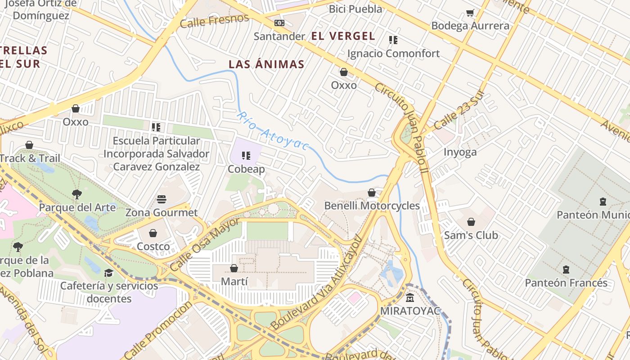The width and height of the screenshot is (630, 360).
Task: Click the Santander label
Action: point(279,36)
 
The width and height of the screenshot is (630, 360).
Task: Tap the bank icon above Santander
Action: point(279,23)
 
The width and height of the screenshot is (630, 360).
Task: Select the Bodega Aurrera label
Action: point(470,26)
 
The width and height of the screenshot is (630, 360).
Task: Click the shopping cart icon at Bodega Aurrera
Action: point(470,13)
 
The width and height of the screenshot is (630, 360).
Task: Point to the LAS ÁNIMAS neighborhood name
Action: point(266,64)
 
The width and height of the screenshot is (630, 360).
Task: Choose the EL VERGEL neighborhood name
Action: point(343,36)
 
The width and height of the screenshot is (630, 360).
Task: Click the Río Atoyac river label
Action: point(273,131)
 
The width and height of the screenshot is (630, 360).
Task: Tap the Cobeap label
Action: point(246,169)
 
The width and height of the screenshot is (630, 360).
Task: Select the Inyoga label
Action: point(460,152)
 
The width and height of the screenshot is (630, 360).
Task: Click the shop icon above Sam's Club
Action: point(471,222)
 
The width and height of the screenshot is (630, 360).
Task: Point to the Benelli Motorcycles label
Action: point(372,206)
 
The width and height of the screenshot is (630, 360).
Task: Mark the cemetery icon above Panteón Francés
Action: point(566,270)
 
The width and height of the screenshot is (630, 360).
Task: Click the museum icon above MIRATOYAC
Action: point(410,298)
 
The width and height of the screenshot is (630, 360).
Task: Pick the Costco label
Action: point(153,247)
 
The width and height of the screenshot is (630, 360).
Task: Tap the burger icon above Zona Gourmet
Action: point(162,199)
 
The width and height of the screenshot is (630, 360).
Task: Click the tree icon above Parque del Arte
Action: point(77,194)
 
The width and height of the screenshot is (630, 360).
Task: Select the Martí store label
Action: point(234,282)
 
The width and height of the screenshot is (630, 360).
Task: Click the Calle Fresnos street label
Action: point(214,21)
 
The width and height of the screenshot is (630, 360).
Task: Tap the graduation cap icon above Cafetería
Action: point(108,273)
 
